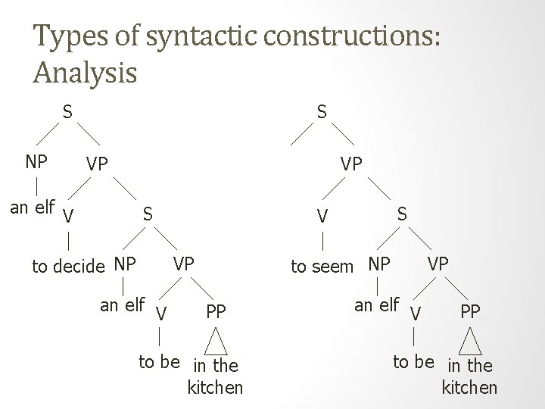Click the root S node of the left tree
coord(67,111)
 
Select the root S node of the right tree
coord(322,111)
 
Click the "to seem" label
coord(322,267)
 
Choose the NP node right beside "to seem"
coord(378,265)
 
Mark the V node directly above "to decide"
coord(69,217)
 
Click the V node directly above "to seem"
coord(322,217)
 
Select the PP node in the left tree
coord(216,311)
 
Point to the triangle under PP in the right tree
coord(472,341)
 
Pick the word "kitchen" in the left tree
coord(215,388)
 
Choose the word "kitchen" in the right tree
coord(469,388)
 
